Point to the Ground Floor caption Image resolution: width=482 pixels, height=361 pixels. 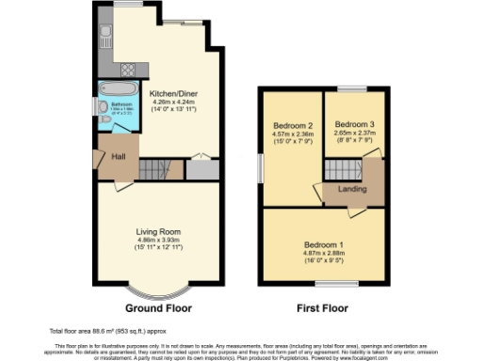(x=159, y=307)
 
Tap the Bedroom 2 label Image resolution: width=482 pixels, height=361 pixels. (x=292, y=126)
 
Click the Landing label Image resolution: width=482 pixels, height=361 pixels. (x=353, y=189)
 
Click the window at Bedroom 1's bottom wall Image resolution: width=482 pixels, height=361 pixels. (x=329, y=285)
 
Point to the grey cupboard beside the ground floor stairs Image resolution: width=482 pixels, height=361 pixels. (x=201, y=170)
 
